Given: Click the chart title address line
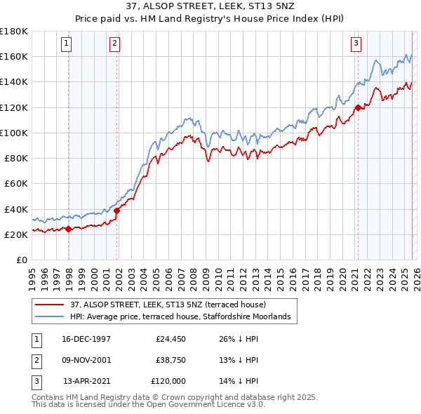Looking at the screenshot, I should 210,6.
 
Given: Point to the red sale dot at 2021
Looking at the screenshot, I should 358,107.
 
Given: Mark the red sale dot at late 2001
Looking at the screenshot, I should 116,211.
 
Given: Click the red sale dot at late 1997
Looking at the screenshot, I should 68,229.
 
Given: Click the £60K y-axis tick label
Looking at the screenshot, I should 15,184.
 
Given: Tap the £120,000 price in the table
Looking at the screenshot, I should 168,381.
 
